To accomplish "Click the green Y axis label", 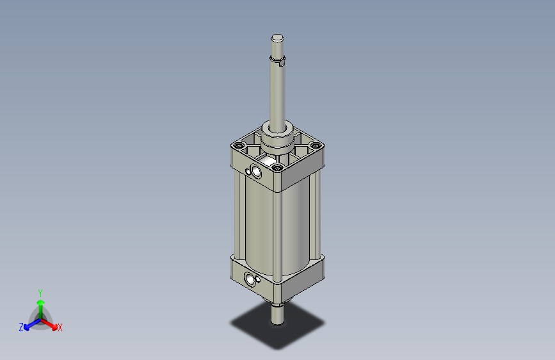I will (40, 291).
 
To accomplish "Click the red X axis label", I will (60, 328).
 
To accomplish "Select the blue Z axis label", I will (20, 327).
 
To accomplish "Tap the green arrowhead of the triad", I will (40, 302).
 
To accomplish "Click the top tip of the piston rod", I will (277, 37).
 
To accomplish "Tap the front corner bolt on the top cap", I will (277, 168).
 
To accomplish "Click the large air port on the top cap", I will (257, 171).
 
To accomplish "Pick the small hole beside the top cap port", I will (248, 170).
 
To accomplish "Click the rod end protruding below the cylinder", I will (277, 314).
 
